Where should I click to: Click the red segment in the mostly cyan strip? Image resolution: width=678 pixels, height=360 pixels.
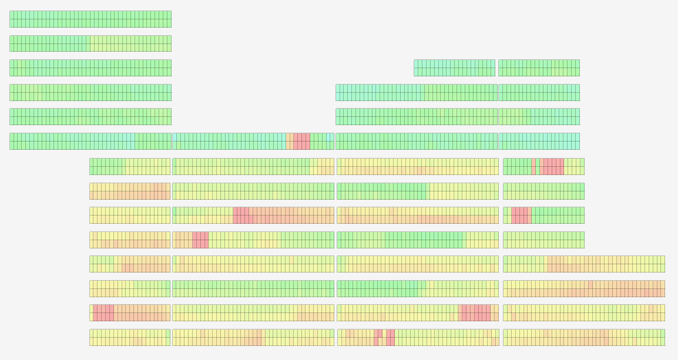(301, 141)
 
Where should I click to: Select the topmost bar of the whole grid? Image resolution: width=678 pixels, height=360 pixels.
(90, 19)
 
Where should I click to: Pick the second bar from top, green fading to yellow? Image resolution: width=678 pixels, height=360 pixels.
(90, 43)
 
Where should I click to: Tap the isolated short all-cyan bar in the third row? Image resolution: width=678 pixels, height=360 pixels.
(454, 68)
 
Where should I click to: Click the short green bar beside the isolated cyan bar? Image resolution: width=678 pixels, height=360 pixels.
(539, 68)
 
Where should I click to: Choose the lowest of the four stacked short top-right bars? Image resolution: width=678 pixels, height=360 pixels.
(539, 141)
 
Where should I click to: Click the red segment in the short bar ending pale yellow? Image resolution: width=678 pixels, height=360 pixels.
(552, 166)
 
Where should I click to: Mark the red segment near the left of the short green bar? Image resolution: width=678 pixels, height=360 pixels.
(521, 215)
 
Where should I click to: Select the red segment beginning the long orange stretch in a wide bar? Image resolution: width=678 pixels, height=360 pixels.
(241, 215)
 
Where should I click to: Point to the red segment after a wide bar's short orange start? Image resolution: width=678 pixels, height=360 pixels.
(200, 240)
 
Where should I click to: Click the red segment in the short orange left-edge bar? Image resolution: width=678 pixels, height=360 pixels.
(103, 312)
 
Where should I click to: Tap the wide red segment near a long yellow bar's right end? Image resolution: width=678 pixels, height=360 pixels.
(475, 312)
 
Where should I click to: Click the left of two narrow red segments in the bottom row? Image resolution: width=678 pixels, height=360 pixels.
(378, 337)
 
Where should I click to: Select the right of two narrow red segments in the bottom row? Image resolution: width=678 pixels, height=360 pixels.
(390, 337)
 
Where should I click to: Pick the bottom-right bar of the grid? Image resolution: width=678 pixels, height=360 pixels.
(583, 337)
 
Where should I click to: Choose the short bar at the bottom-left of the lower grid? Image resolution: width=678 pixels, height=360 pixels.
(129, 337)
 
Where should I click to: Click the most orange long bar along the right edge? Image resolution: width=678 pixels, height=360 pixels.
(583, 288)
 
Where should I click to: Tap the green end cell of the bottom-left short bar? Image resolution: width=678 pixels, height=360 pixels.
(167, 337)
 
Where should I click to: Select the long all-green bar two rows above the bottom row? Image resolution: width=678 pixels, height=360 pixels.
(253, 288)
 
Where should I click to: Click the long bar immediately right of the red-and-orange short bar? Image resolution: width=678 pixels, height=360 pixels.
(253, 312)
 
